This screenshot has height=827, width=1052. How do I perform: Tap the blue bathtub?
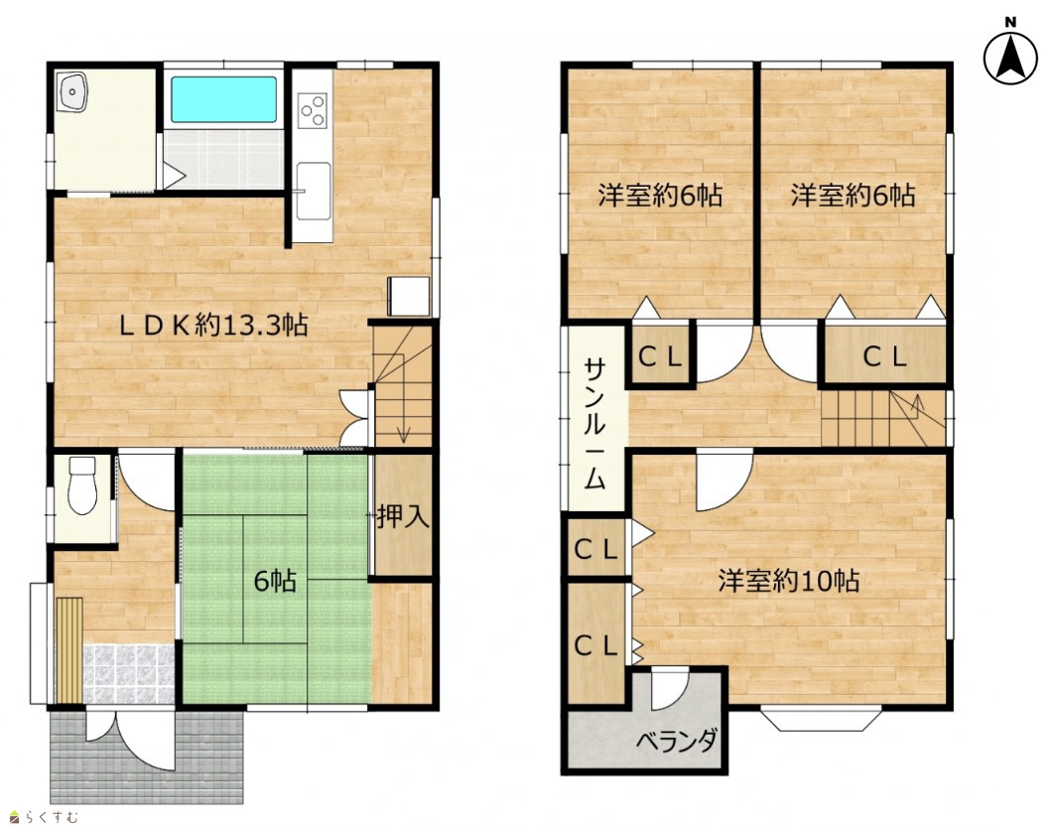pos(223,99)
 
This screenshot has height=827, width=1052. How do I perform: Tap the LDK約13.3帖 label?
pos(213,325)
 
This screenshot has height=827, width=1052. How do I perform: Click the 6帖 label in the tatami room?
pos(275,581)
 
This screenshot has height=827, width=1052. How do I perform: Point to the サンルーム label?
pos(595,424)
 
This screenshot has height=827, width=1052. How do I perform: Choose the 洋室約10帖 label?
pos(789,580)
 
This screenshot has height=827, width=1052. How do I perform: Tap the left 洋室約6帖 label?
pos(660,196)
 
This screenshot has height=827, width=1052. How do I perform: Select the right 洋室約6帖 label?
pos(853,196)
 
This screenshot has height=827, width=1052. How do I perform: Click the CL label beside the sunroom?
pos(660,356)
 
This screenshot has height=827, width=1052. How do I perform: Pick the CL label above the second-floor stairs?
pos(885,356)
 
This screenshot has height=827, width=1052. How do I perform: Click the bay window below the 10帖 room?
pos(821,718)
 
